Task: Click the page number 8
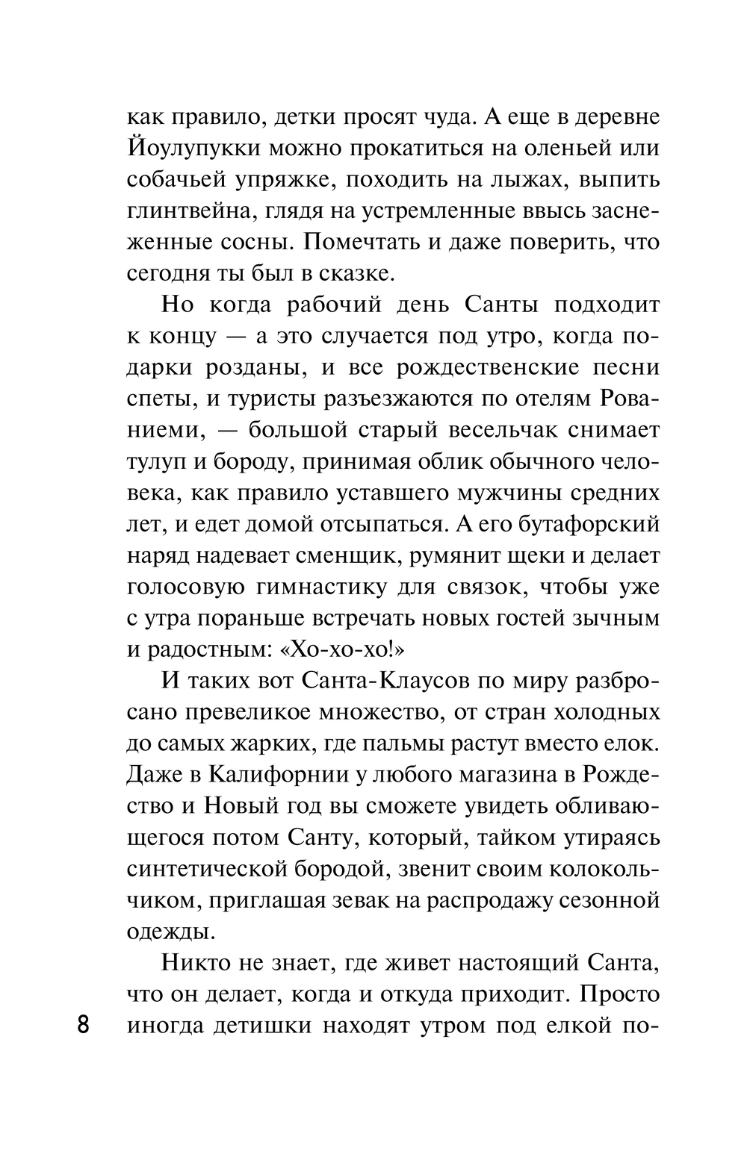click(84, 1023)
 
